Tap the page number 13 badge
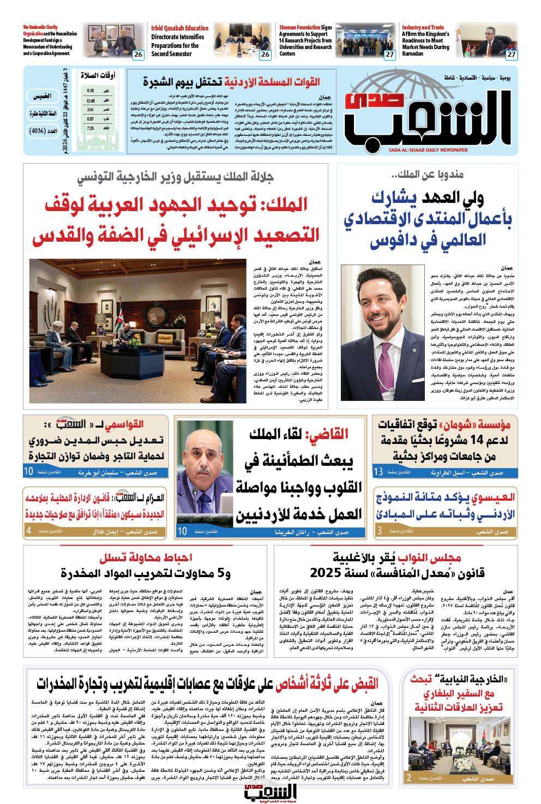coord(378,471)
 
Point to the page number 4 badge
coord(28,531)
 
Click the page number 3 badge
coord(378,531)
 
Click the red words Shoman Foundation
coord(298,27)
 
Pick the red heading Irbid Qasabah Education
coord(179,28)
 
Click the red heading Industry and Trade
coord(423,27)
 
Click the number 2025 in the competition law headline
coord(325,573)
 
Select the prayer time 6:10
coord(90,91)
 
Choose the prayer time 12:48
coord(90,100)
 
